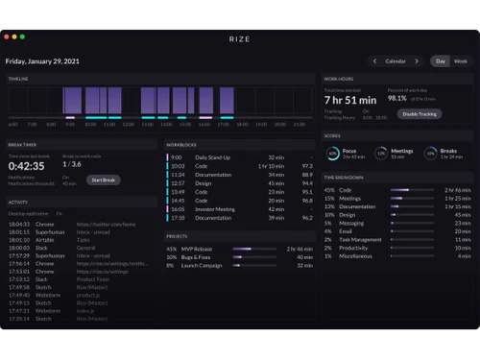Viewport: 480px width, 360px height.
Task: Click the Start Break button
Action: [x=103, y=180]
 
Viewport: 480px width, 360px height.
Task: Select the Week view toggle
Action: [x=461, y=60]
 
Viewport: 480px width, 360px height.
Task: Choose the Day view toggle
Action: [x=441, y=60]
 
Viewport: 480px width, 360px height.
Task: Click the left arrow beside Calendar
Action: [x=375, y=60]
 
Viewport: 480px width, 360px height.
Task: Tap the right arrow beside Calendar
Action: [x=417, y=60]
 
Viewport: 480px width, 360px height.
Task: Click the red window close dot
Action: [x=9, y=36]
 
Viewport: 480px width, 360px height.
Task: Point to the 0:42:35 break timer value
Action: [x=25, y=165]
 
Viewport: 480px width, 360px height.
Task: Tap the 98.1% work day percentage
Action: [x=396, y=98]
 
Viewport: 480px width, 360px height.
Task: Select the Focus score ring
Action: [x=332, y=153]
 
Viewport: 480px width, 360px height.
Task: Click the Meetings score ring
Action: [x=381, y=153]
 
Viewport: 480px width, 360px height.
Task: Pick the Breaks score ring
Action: [x=432, y=153]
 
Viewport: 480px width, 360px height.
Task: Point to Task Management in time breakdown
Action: [x=360, y=240]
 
